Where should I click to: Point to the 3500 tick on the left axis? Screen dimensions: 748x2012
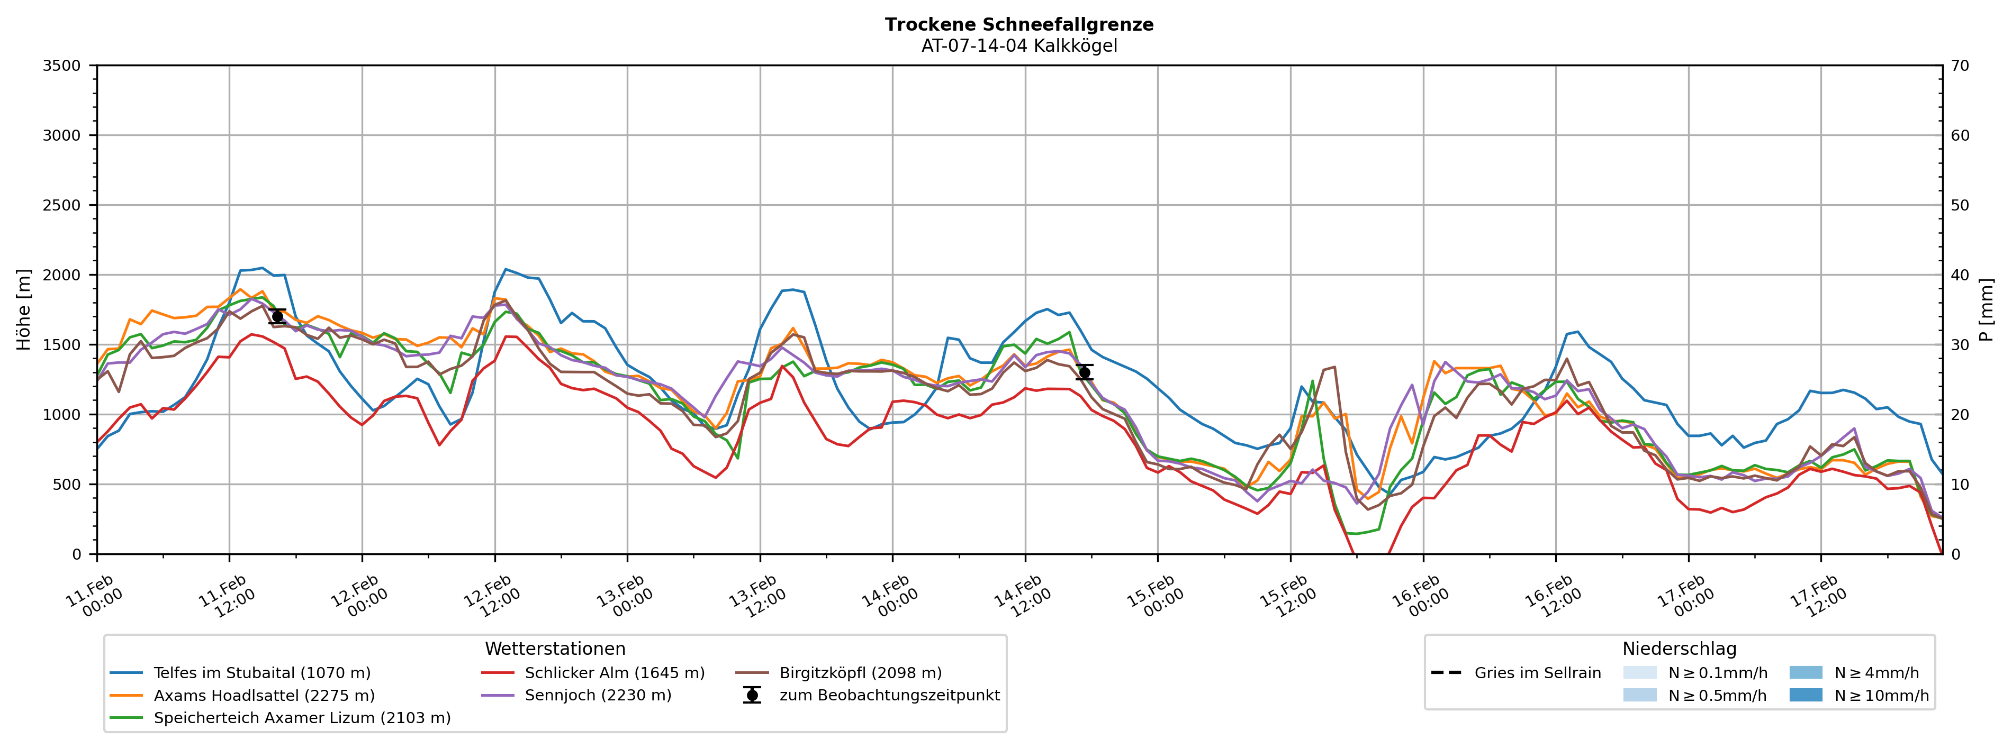tap(62, 66)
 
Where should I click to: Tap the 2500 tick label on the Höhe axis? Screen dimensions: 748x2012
tap(62, 205)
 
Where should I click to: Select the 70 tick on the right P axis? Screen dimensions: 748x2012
tap(1960, 66)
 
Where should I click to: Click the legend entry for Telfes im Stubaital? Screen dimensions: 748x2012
tap(261, 673)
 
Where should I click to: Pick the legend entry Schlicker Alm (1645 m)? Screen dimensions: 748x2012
tap(614, 673)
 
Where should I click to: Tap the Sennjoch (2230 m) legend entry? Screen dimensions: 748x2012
tap(598, 696)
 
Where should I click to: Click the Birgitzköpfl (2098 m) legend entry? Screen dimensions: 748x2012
tap(860, 673)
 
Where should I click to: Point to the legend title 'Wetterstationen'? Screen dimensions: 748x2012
tap(555, 649)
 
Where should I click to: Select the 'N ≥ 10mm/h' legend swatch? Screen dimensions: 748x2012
tap(1805, 696)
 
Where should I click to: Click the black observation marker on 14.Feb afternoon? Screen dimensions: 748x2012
tap(1084, 372)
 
